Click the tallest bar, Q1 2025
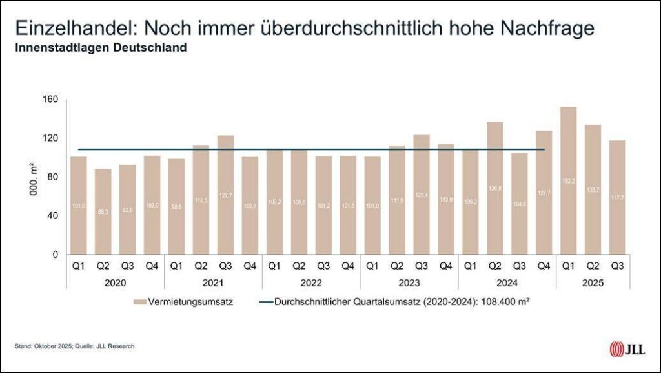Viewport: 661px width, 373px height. pos(569,181)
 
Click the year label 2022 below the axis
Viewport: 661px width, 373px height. pos(311,282)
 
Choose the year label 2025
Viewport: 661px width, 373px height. pos(593,282)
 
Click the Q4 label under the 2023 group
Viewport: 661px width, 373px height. pos(446,265)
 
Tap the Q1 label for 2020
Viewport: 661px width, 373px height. pos(79,265)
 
